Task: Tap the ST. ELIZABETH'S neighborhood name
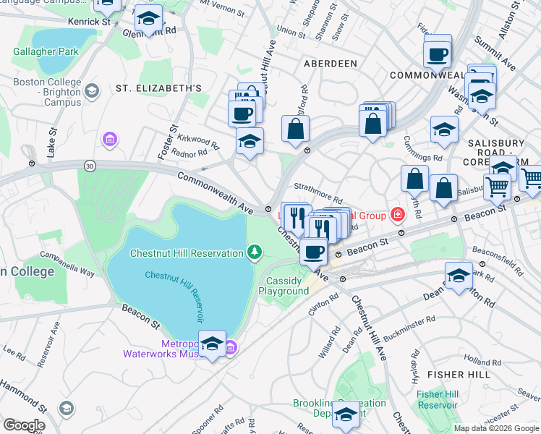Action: [x=158, y=88]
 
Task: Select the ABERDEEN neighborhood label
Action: [x=330, y=64]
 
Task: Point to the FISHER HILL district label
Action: [x=459, y=374]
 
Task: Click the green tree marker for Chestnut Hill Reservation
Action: [x=254, y=252]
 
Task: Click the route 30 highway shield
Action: [x=90, y=165]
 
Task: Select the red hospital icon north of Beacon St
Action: [x=396, y=213]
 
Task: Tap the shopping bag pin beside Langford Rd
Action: [x=295, y=130]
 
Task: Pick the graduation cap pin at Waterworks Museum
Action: [x=212, y=345]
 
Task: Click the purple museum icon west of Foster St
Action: [x=110, y=139]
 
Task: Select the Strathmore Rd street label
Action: [x=318, y=196]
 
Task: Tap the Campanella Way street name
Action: [x=68, y=258]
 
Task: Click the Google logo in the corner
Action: [x=23, y=425]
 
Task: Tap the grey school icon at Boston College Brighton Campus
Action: [x=91, y=91]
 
